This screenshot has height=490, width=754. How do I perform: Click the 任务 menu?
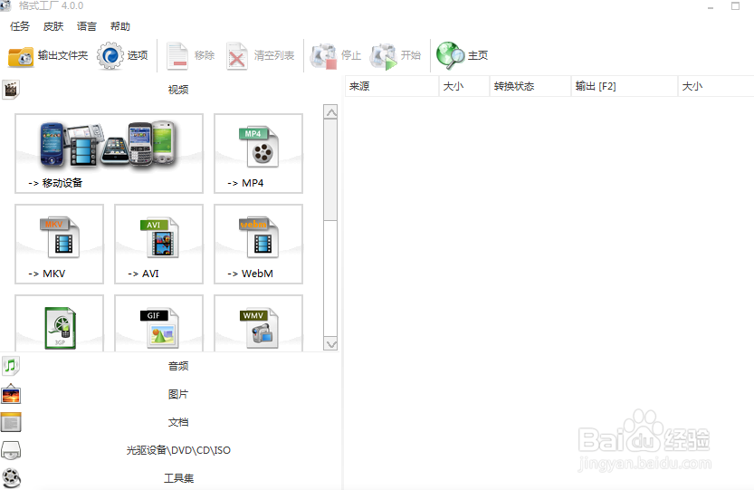click(20, 26)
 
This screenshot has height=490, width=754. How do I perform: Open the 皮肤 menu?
click(53, 26)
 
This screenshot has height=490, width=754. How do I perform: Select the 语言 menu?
click(87, 26)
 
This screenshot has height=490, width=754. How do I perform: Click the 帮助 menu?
click(119, 26)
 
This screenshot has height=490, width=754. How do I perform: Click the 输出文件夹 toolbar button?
click(49, 56)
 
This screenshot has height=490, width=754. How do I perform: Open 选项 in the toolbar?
click(123, 56)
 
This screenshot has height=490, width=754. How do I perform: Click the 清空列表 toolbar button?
click(261, 56)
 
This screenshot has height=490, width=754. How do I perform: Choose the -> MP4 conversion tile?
click(258, 153)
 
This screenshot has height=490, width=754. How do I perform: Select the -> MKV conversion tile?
click(59, 244)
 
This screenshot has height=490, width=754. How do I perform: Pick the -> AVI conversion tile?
click(158, 244)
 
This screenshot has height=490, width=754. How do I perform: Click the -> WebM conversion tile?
click(258, 244)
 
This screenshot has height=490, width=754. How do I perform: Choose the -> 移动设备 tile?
click(109, 153)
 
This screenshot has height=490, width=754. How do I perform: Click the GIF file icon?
click(158, 328)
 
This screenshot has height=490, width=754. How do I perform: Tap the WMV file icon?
click(258, 328)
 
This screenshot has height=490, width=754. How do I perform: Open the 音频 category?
click(178, 366)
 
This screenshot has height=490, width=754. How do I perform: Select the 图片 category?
click(178, 394)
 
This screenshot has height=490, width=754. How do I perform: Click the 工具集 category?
click(178, 478)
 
